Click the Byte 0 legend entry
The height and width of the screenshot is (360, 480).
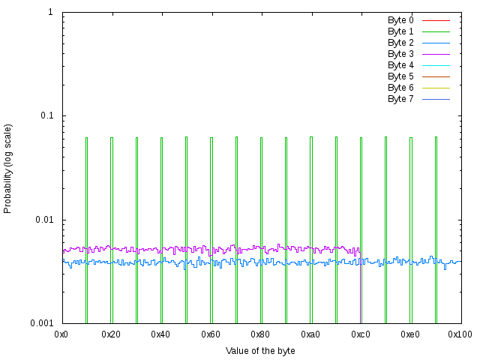click(x=400, y=19)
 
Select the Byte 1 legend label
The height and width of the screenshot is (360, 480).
click(x=400, y=31)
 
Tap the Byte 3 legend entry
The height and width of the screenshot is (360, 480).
click(x=400, y=53)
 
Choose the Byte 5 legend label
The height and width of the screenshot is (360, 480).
click(x=400, y=76)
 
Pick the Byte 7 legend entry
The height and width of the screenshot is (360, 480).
click(x=400, y=98)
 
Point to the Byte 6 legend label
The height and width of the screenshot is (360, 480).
click(x=400, y=87)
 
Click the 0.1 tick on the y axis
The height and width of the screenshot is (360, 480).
click(x=46, y=116)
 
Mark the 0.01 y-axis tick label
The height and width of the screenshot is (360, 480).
click(x=44, y=220)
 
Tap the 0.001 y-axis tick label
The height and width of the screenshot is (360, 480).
click(x=42, y=323)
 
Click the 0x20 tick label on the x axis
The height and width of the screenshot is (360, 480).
click(x=111, y=334)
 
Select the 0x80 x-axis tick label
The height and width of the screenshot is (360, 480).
click(x=261, y=334)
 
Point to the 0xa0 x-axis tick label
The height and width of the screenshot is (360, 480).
click(x=310, y=334)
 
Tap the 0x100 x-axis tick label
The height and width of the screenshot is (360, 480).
click(x=460, y=334)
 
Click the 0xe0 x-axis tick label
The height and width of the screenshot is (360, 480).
click(x=410, y=334)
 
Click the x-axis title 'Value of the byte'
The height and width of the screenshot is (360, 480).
click(x=260, y=350)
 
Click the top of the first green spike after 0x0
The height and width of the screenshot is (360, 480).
click(x=86, y=138)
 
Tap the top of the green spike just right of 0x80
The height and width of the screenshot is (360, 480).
click(x=286, y=138)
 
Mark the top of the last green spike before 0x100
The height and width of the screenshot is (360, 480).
click(x=436, y=137)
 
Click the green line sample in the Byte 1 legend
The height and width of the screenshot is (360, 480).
click(x=436, y=31)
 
